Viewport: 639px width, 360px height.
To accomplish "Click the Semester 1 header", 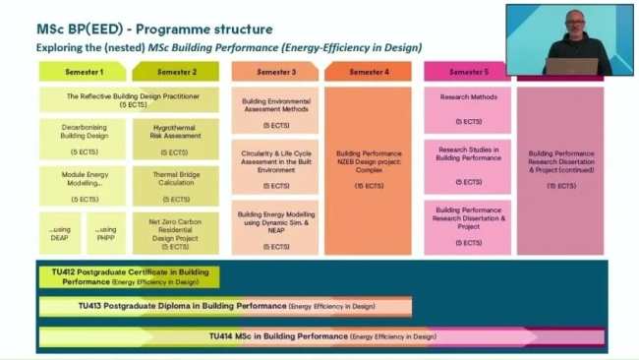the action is coord(83,72).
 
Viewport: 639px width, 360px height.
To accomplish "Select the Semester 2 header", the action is coord(176,72).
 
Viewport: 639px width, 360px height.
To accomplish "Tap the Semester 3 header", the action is coord(275,72).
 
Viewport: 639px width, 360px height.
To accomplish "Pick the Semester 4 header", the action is coord(368,72).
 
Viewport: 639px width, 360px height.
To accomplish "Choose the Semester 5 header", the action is coord(467,72).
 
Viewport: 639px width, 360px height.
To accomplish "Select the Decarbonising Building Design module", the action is coord(83,139).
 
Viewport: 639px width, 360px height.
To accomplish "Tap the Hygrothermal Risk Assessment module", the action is coord(176,139).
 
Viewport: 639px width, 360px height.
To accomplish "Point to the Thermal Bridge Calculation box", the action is coord(176,185).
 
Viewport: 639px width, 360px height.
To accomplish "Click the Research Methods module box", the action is coord(467,109).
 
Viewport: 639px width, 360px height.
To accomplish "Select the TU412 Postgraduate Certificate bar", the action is coord(129,276).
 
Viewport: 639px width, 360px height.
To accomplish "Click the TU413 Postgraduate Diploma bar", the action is coord(225,306).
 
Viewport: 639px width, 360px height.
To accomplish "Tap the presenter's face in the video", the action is coord(574,25).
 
